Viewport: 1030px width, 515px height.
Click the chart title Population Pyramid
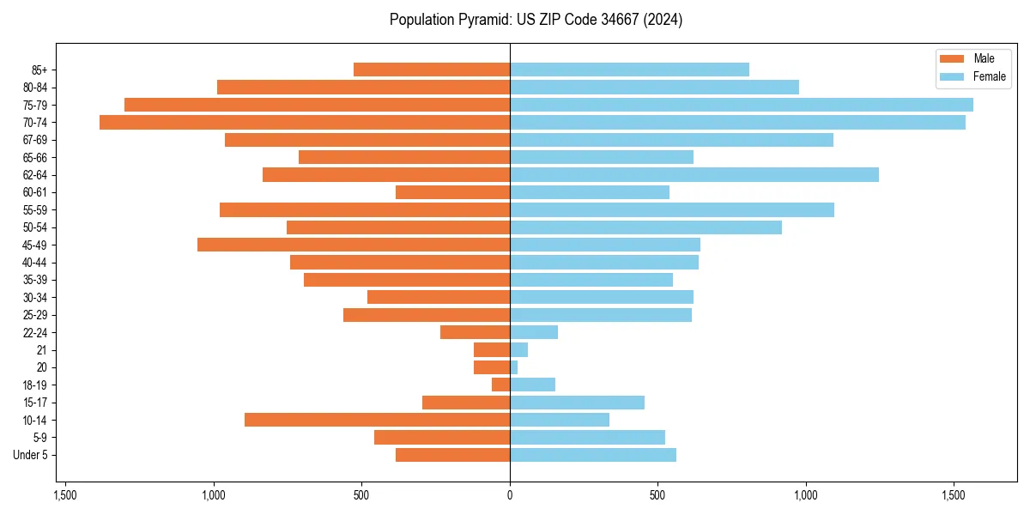(x=536, y=20)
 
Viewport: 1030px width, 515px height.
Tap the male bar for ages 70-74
(x=305, y=123)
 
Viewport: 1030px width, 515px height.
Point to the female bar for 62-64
(x=694, y=175)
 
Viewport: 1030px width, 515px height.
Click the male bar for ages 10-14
(x=378, y=420)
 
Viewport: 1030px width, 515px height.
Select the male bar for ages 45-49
(x=354, y=245)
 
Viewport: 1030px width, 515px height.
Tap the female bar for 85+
(x=629, y=70)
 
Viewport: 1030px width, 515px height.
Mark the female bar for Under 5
(x=593, y=455)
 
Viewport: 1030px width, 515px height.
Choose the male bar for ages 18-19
(x=501, y=385)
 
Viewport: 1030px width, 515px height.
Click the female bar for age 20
(x=514, y=367)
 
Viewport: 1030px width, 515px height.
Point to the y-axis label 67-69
(x=35, y=140)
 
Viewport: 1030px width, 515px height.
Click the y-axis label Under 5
(x=31, y=455)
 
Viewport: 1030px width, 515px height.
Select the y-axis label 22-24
(x=35, y=332)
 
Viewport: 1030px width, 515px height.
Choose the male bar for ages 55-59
(x=365, y=210)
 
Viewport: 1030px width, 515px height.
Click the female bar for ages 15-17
(x=577, y=403)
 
